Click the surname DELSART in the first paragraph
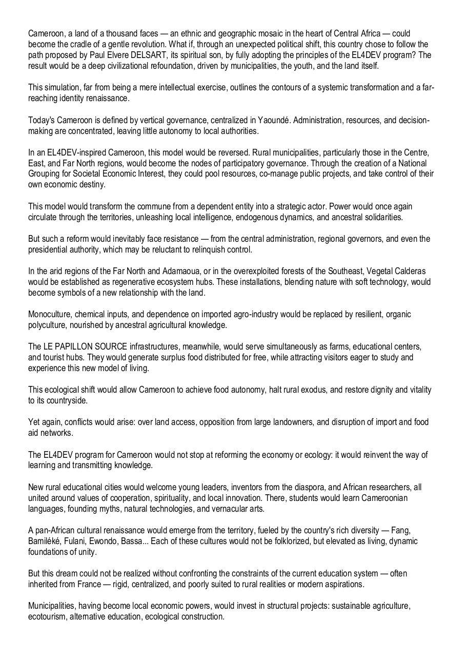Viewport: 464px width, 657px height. (x=155, y=55)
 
